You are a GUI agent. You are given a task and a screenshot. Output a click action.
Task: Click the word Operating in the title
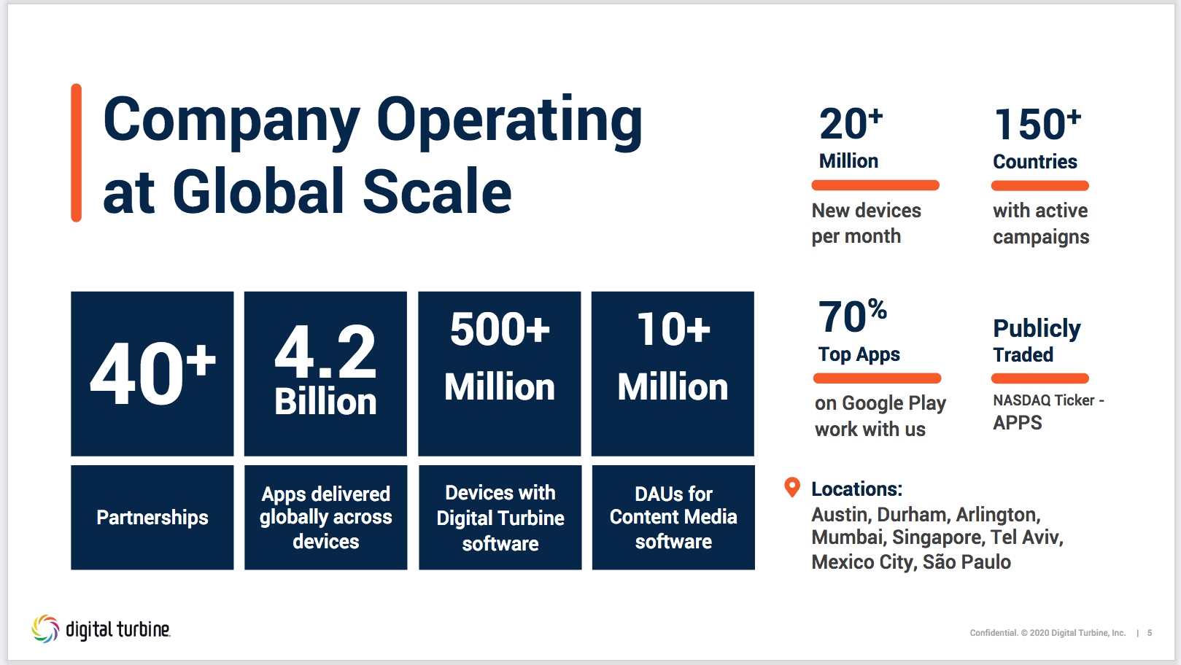click(509, 122)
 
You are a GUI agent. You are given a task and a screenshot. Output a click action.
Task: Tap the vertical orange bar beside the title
click(77, 153)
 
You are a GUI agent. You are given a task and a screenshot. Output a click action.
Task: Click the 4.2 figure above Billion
click(325, 351)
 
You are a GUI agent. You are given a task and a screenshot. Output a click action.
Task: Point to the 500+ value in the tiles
click(500, 329)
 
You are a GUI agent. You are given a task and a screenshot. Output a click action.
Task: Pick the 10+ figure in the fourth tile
click(673, 329)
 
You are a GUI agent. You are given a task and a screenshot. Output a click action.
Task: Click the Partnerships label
click(152, 518)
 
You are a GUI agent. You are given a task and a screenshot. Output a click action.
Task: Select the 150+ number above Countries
click(1037, 125)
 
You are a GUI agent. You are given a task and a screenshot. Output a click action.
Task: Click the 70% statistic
click(853, 316)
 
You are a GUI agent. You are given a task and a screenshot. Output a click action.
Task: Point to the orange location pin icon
click(792, 487)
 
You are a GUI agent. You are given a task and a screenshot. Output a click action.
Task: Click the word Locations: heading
click(856, 489)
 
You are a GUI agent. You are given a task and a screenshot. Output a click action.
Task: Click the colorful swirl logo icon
click(45, 629)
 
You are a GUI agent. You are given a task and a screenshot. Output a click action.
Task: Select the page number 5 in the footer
click(1150, 633)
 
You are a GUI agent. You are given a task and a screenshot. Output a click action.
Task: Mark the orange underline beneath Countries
click(1039, 185)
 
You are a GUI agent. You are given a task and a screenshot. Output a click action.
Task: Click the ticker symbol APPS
click(1018, 423)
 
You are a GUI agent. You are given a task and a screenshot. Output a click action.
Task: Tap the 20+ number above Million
click(851, 125)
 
